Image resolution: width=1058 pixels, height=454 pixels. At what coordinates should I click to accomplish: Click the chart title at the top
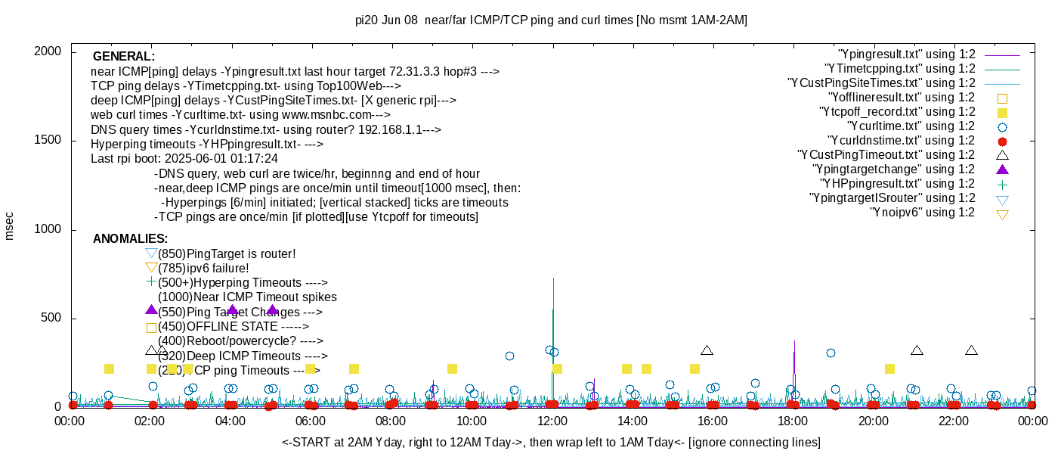coord(551,20)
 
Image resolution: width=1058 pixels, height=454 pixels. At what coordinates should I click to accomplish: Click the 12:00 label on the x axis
coord(552,421)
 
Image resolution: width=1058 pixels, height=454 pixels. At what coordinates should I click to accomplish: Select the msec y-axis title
coord(10,225)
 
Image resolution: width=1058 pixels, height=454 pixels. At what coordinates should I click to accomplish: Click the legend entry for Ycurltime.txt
coord(911,126)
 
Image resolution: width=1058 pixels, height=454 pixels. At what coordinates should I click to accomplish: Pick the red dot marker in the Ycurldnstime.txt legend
coord(1003,141)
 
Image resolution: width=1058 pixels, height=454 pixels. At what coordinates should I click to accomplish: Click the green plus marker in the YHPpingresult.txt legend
coord(1003,184)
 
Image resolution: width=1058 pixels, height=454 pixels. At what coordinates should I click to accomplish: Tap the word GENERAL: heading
coord(124,57)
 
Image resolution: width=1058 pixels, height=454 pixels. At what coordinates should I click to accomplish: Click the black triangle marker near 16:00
coord(707,350)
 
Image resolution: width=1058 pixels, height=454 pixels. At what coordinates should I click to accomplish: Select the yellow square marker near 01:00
coord(109,368)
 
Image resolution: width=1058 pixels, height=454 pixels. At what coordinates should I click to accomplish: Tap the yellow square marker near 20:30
coord(889,368)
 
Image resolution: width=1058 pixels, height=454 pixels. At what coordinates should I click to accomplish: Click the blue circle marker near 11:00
coord(509,356)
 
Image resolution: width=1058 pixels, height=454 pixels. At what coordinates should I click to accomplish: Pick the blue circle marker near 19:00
coord(831,353)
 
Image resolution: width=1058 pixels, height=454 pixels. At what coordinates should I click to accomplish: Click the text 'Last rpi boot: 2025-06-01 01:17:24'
coord(184,159)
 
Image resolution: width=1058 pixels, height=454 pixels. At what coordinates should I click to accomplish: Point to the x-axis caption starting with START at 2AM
coord(551,442)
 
